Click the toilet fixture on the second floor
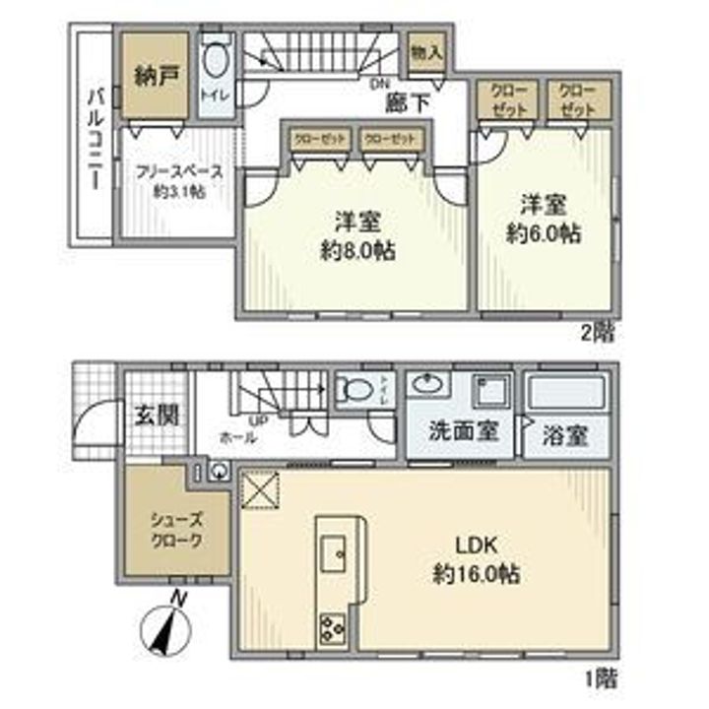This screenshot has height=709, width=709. pos(216,63)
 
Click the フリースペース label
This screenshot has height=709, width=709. pos(178,170)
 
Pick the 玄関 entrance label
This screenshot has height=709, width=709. pos(157,414)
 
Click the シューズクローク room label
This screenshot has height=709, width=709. pos(177,531)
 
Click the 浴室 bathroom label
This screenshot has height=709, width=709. pos(564,435)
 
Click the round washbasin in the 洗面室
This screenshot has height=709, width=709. pos(430,384)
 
